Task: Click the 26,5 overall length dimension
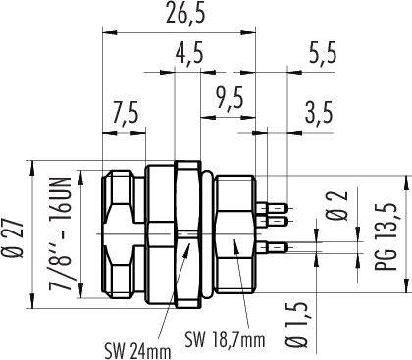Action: (185, 13)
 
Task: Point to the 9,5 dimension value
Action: (230, 97)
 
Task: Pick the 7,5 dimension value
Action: (126, 112)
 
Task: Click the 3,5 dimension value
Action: (319, 112)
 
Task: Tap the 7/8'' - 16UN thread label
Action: (60, 233)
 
